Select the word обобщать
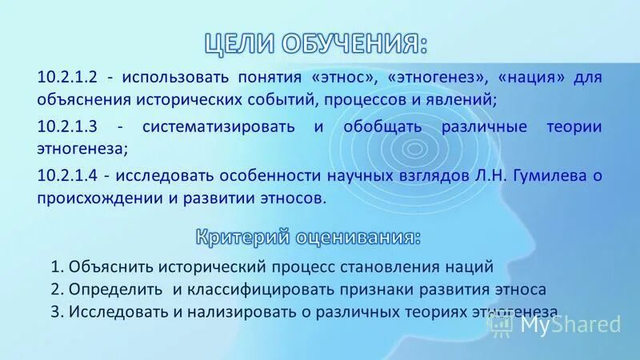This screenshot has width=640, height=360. coord(380,126)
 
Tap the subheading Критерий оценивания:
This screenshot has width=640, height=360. coord(307,237)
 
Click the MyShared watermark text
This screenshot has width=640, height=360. coord(569,324)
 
